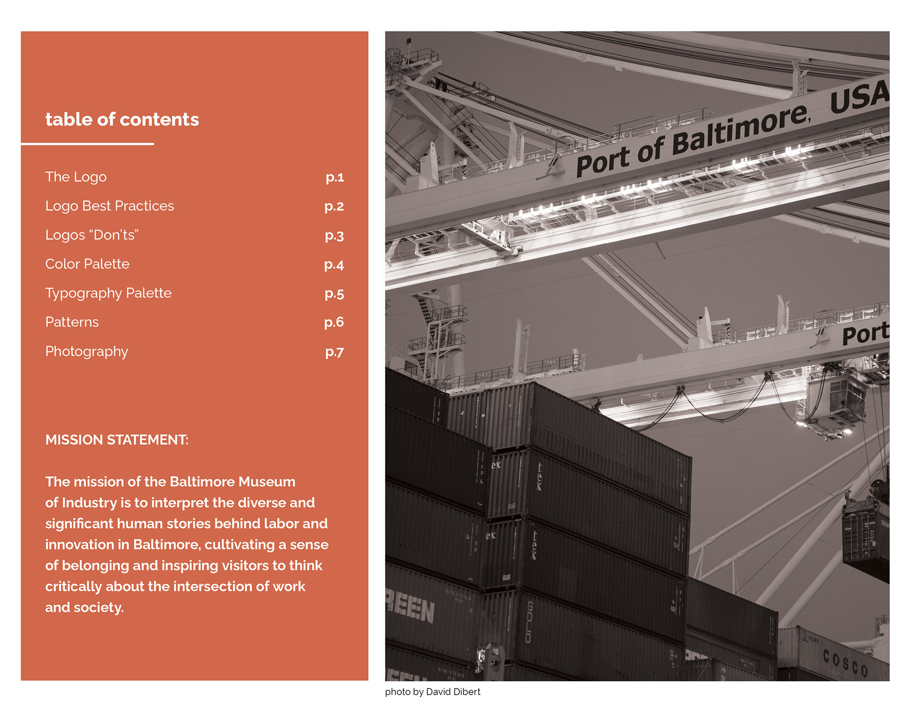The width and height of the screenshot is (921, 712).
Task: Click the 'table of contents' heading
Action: [x=122, y=119]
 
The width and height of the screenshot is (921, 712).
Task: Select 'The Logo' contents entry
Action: [x=76, y=177]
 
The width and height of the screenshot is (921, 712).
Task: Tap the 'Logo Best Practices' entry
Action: [x=109, y=206]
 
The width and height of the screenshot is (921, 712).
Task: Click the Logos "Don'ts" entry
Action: [x=92, y=235]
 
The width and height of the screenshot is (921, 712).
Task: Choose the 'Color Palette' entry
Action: [x=87, y=264]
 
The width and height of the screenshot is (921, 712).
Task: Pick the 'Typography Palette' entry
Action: [x=108, y=293]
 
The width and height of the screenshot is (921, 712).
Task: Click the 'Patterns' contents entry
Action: [x=72, y=322]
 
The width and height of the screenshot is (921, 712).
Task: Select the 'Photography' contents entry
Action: [x=86, y=352]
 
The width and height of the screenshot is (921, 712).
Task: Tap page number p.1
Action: [x=335, y=177]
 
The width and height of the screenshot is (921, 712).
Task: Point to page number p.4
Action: [x=334, y=264]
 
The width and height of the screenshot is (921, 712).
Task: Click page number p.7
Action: [x=334, y=352]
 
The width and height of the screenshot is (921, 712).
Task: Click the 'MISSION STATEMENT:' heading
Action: [x=117, y=440]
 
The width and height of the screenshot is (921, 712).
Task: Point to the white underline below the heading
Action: [x=87, y=143]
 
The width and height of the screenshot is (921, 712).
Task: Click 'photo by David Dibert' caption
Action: [x=432, y=692]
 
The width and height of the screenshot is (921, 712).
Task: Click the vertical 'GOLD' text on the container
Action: [x=529, y=622]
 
